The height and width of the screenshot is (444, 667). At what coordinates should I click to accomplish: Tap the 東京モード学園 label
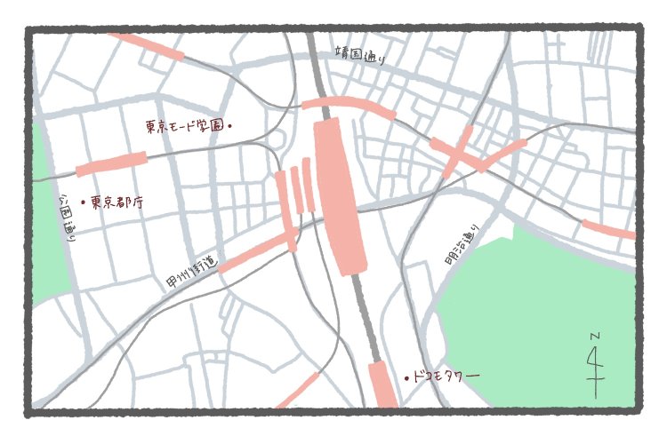coord(186,126)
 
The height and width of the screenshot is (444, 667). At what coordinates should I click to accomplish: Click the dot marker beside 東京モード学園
coord(231,126)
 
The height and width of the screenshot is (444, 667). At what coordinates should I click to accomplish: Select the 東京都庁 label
coord(117,202)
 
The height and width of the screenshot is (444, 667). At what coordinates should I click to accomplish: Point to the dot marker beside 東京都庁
coord(83,202)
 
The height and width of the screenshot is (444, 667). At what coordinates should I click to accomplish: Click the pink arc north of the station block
coord(349,105)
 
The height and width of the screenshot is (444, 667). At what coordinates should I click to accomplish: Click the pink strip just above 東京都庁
coord(111,164)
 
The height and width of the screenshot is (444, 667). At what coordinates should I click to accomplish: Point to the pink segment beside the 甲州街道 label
coord(258,252)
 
